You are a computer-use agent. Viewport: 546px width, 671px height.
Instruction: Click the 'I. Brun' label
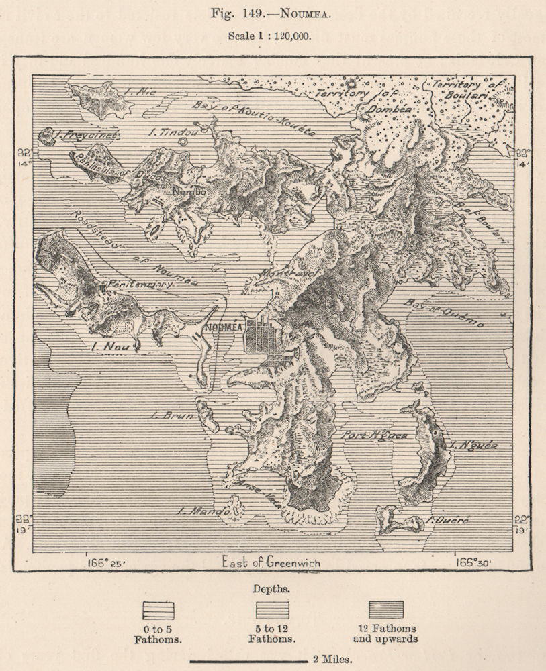click(x=173, y=415)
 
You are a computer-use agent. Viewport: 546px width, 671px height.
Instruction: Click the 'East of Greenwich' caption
click(x=271, y=562)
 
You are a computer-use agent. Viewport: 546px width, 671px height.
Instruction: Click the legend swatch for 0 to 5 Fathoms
click(x=158, y=609)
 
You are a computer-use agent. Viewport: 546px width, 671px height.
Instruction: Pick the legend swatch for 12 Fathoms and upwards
click(x=386, y=609)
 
